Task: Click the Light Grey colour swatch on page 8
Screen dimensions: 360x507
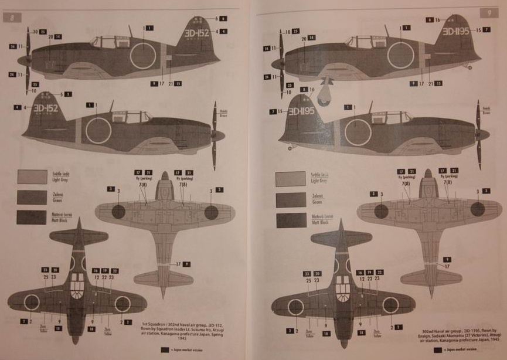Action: (x=32, y=177)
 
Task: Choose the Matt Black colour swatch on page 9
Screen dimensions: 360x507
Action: (x=290, y=220)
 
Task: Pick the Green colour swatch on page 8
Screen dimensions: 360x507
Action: (x=32, y=198)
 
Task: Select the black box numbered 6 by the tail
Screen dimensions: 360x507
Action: (x=224, y=19)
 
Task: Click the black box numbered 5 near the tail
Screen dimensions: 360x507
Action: (x=69, y=94)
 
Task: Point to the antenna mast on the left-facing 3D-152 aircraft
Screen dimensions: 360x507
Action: (x=130, y=30)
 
